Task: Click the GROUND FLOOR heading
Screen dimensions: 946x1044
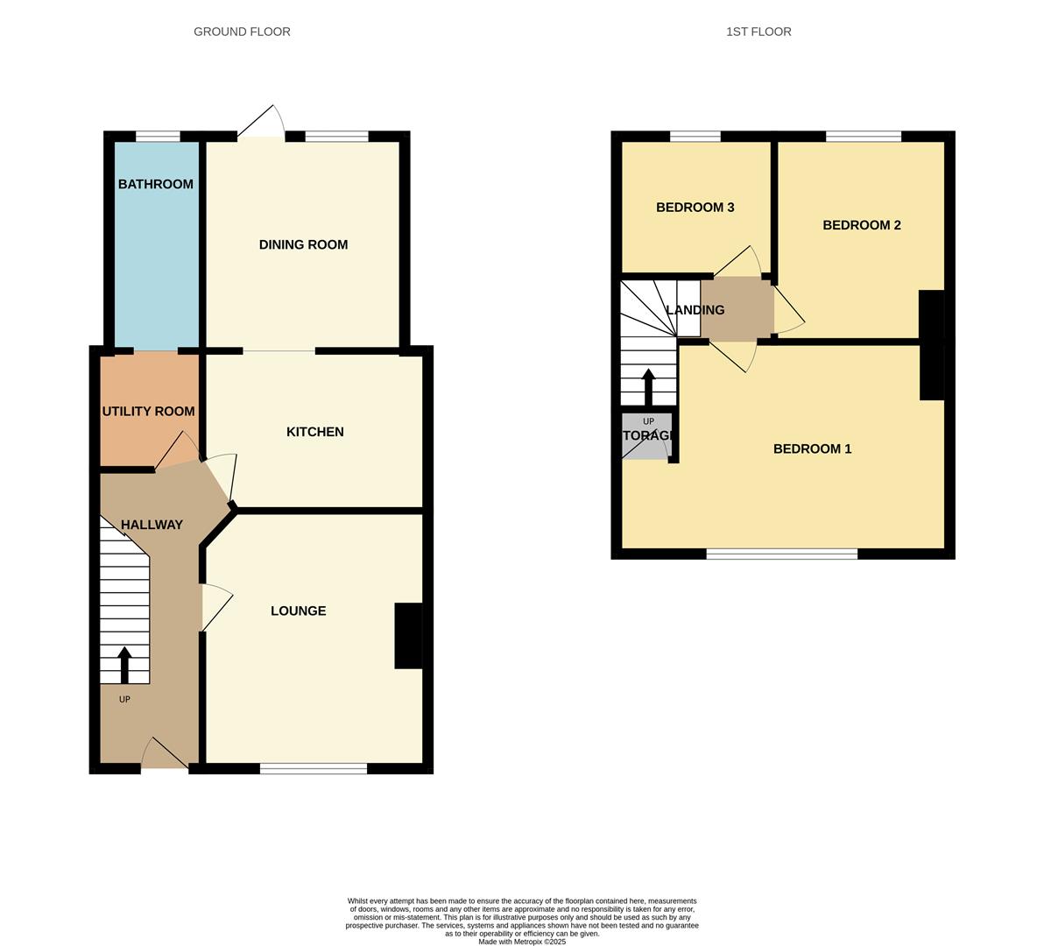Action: coord(242,32)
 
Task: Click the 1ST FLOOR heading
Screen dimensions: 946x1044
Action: coord(758,32)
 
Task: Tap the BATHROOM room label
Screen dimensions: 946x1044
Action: coord(156,184)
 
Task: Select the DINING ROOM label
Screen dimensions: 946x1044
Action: coord(303,244)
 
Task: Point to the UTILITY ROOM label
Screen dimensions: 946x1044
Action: coord(148,411)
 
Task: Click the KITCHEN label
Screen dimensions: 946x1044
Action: coord(314,432)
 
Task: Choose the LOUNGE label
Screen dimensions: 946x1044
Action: coord(298,611)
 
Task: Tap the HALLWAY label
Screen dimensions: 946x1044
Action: coord(152,525)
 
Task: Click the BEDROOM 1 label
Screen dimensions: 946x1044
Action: coord(812,448)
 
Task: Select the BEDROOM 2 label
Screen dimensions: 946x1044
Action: coord(861,225)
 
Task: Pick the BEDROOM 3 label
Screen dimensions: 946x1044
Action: coord(695,208)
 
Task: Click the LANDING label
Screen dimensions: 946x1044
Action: coord(695,310)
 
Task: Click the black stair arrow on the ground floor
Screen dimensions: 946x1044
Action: coord(124,665)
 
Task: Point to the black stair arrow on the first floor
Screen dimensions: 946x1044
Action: coord(648,386)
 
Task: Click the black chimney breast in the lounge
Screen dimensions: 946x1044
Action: coord(408,636)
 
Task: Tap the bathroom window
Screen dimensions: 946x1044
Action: coord(158,136)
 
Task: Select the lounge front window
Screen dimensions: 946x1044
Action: coord(314,769)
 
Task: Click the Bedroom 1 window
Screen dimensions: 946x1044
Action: coord(781,554)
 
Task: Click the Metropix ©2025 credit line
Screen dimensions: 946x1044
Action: coord(522,942)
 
